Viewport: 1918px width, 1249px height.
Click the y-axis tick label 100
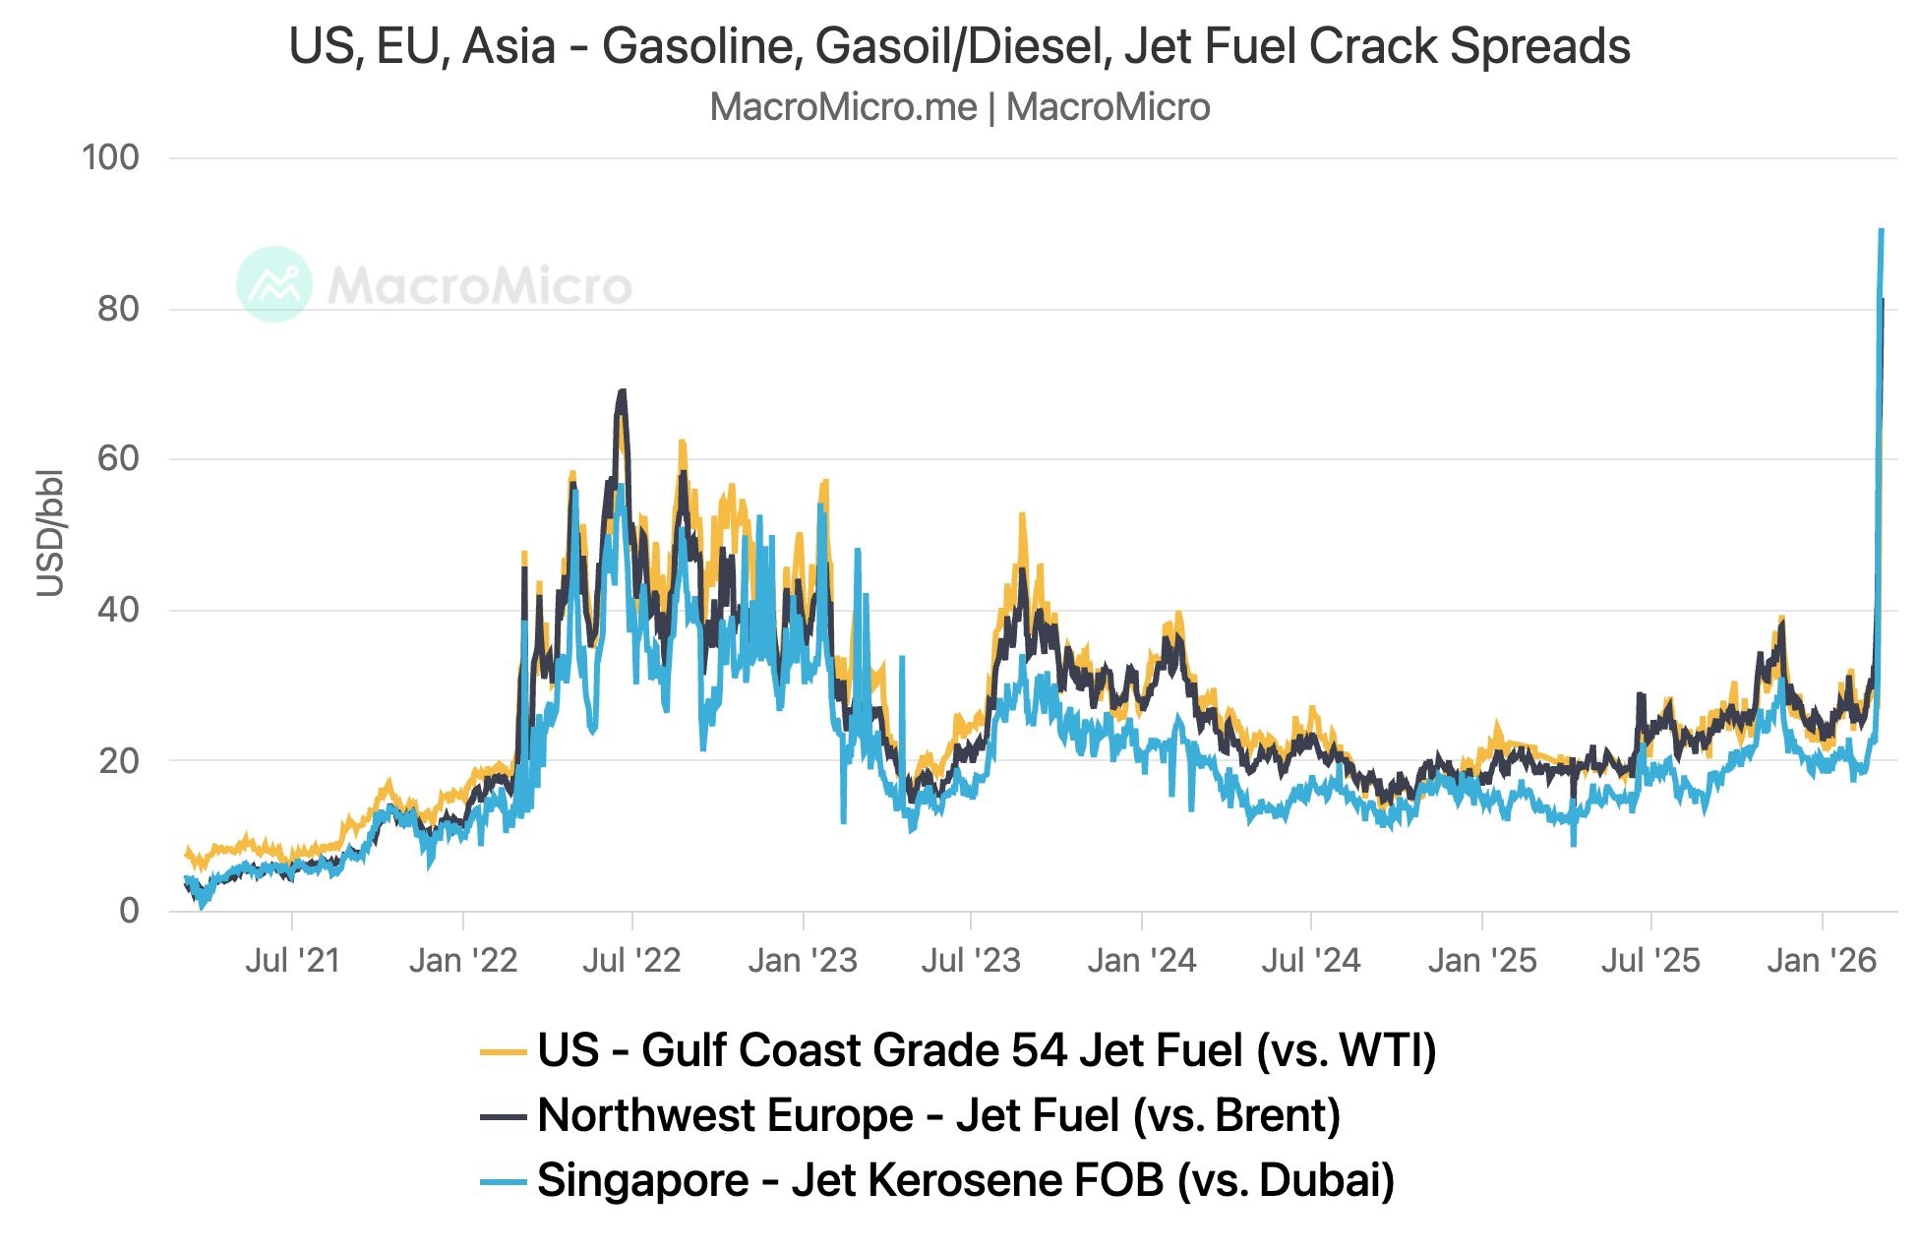tap(110, 157)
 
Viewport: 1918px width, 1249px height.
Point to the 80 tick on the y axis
tap(118, 309)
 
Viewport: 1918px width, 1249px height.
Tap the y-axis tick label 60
tap(118, 458)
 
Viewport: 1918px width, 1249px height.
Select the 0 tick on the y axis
tap(129, 911)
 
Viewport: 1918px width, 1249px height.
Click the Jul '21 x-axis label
tap(292, 960)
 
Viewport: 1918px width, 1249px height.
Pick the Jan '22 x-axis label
tap(463, 960)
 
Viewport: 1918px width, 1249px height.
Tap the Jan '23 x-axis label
tap(803, 960)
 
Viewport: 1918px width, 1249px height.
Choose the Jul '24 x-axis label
tap(1311, 960)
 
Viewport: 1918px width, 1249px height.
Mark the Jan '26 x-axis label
tap(1822, 960)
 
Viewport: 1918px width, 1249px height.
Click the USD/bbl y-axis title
tap(50, 533)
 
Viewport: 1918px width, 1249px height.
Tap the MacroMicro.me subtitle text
tap(843, 107)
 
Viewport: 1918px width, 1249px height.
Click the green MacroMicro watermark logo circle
tap(274, 284)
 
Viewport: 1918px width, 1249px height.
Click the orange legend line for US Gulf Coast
tap(503, 1052)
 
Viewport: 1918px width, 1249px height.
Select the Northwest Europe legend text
tap(725, 1116)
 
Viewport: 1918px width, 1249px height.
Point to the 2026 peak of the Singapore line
tap(1881, 231)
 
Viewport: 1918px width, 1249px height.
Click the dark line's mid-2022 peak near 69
tap(622, 391)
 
